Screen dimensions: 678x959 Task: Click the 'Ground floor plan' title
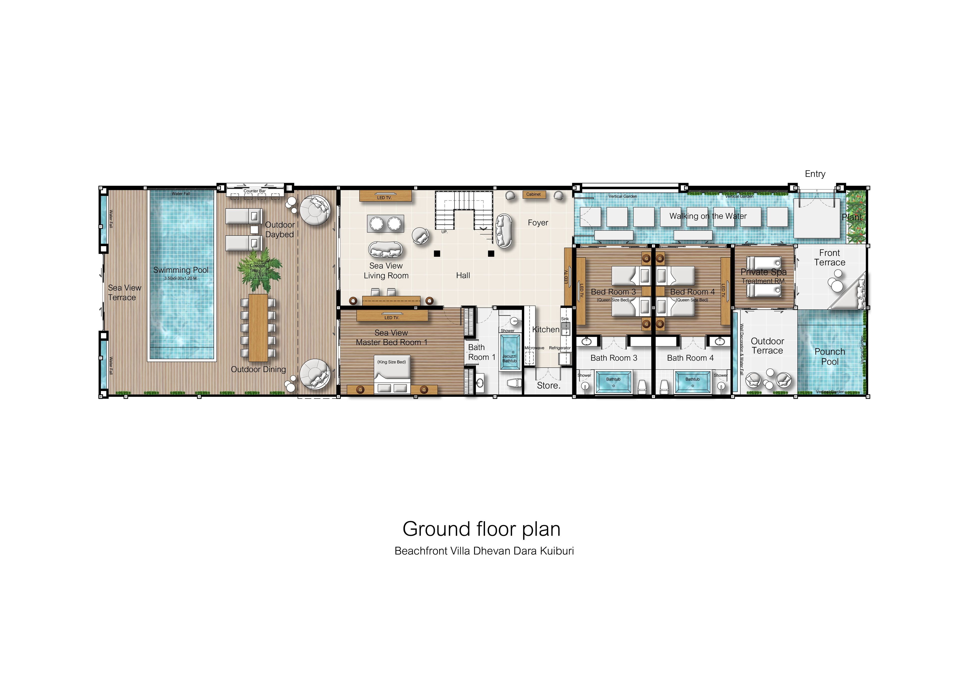[481, 529]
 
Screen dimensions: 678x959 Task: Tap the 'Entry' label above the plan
[815, 174]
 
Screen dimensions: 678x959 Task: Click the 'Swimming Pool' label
[181, 270]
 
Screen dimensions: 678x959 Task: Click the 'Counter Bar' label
[254, 191]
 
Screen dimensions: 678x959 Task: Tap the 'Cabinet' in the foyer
[533, 194]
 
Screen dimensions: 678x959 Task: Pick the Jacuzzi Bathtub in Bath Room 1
[509, 353]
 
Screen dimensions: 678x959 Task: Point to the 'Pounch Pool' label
[830, 356]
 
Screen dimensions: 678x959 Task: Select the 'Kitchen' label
[545, 330]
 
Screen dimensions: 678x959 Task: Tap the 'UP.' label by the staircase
[445, 232]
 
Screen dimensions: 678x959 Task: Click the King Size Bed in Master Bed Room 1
[392, 374]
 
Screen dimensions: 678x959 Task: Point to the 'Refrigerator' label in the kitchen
[560, 348]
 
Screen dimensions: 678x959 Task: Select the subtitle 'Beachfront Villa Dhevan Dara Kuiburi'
[484, 551]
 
